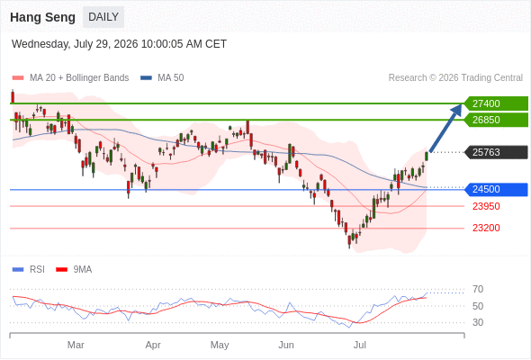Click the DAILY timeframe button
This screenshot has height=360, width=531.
click(x=103, y=17)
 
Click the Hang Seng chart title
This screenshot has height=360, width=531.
click(x=42, y=17)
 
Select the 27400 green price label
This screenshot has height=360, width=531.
click(x=496, y=103)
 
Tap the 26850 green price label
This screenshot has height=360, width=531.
click(x=496, y=120)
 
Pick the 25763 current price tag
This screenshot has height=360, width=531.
click(x=496, y=152)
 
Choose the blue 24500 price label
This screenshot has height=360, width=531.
click(x=496, y=189)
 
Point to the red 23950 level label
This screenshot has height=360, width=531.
click(x=486, y=206)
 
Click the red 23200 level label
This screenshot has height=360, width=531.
click(x=486, y=228)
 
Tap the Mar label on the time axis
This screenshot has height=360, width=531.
click(x=76, y=345)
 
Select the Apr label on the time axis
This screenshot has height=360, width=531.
click(x=153, y=345)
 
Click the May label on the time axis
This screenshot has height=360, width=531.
click(x=220, y=345)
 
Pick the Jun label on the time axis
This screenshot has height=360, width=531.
click(x=286, y=345)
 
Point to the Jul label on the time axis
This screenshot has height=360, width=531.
click(x=360, y=345)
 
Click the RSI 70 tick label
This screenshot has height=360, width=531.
click(x=478, y=290)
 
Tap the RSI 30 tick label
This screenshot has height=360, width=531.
click(x=478, y=322)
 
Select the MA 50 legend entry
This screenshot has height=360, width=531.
click(x=162, y=78)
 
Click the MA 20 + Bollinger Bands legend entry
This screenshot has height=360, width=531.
click(x=70, y=78)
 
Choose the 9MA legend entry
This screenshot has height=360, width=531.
click(x=74, y=270)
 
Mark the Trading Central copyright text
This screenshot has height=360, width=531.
click(x=455, y=78)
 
